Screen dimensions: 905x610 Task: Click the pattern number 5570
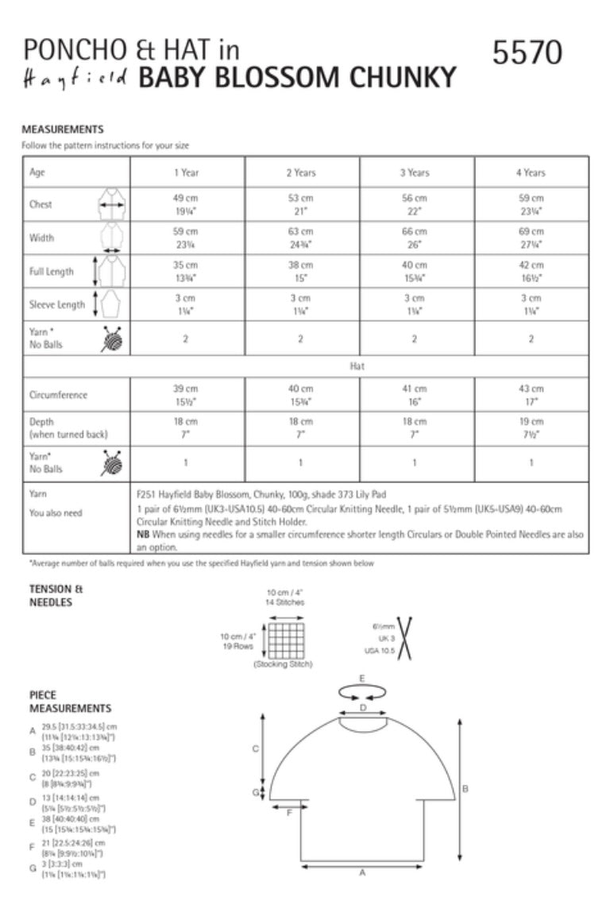527,52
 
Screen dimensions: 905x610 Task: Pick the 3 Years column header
415,172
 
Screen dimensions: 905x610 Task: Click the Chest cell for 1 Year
186,204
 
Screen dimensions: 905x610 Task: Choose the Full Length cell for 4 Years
531,271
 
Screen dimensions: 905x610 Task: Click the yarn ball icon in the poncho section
111,338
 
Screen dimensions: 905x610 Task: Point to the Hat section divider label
357,368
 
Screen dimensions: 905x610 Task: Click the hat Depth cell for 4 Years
531,428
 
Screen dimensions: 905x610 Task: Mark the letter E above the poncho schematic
362,679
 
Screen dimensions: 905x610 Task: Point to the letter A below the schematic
362,872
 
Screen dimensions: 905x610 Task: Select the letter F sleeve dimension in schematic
289,812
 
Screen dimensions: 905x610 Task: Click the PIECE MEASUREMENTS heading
70,702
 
